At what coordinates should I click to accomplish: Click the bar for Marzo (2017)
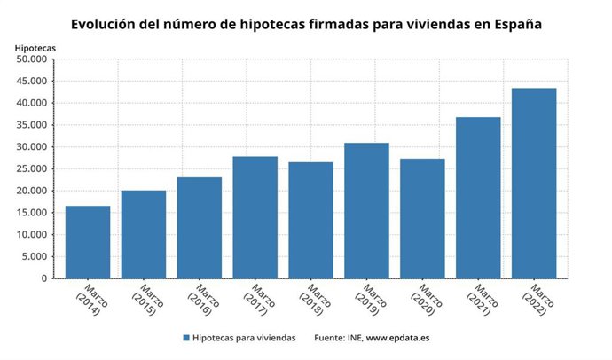[255, 217]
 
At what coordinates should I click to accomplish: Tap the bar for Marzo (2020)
[422, 218]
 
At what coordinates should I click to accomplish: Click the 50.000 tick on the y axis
[32, 59]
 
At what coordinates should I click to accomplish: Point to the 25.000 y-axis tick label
[32, 169]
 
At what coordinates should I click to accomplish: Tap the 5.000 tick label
[35, 257]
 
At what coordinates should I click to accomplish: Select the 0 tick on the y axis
[44, 279]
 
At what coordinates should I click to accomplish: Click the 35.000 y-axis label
[32, 125]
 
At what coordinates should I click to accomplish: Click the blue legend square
[186, 338]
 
